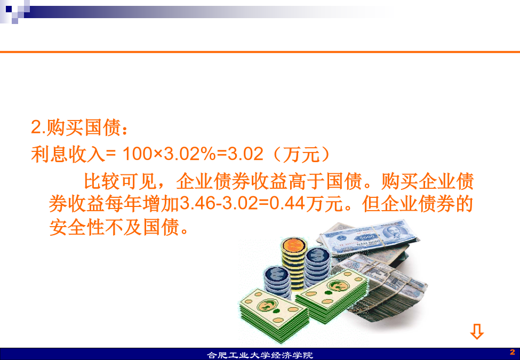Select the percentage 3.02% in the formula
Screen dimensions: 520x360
point(189,154)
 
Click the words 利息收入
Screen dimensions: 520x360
point(68,155)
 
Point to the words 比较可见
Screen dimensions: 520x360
point(120,181)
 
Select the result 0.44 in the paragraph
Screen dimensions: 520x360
point(287,204)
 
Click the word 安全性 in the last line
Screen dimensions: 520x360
point(77,227)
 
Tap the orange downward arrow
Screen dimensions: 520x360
point(477,331)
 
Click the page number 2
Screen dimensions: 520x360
point(513,351)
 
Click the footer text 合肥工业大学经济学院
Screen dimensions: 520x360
point(260,355)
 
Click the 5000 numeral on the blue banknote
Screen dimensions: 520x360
point(367,237)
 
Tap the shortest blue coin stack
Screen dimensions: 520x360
point(277,281)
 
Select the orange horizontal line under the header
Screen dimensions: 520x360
point(260,52)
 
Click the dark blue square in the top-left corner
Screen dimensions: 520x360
point(9,9)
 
